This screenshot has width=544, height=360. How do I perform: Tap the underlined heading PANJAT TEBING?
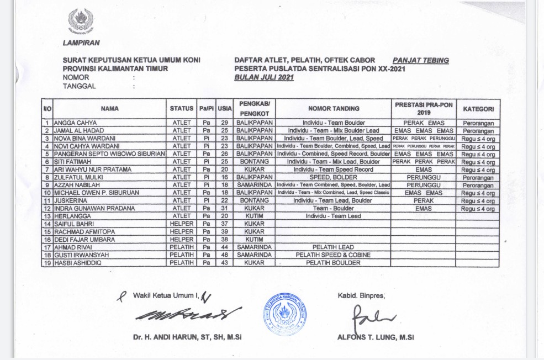[420, 61]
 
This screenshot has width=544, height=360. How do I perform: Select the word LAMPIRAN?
[81, 43]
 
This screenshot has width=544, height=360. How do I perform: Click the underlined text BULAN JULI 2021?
[264, 78]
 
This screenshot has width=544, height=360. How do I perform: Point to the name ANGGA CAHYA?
[73, 123]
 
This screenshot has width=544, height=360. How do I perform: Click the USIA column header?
[225, 109]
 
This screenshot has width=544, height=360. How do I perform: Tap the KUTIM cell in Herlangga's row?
[253, 216]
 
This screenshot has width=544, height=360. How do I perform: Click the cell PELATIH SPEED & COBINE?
[333, 255]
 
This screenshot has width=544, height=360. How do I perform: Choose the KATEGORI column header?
[478, 109]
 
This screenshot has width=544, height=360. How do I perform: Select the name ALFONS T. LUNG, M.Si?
[376, 337]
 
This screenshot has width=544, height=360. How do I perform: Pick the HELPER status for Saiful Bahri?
[181, 224]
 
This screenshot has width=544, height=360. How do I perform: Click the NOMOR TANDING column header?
[333, 109]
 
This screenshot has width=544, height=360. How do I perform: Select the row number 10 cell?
[47, 193]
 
